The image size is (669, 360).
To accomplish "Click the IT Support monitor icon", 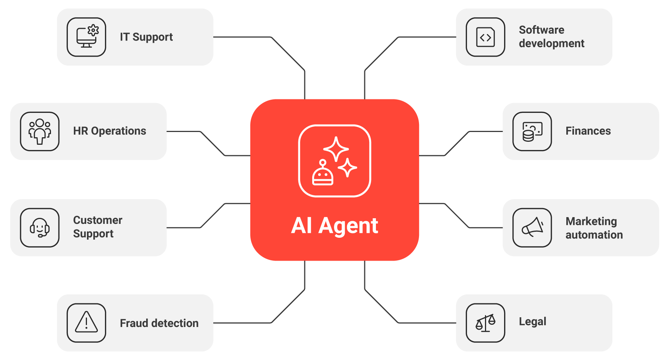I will pyautogui.click(x=87, y=37).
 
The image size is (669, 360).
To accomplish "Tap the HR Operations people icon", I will pyautogui.click(x=40, y=131).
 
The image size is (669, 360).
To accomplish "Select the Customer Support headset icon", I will pyautogui.click(x=40, y=228).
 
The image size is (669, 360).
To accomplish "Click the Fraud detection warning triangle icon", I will pyautogui.click(x=87, y=322).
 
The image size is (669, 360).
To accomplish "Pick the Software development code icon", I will pyautogui.click(x=485, y=37).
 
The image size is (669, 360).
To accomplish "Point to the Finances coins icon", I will pyautogui.click(x=532, y=131).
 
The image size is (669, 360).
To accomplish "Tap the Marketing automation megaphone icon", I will pyautogui.click(x=532, y=228).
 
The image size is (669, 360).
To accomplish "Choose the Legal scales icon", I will pyautogui.click(x=485, y=322).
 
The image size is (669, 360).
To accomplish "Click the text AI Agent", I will pyautogui.click(x=335, y=226).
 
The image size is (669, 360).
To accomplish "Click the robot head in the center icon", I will pyautogui.click(x=323, y=174).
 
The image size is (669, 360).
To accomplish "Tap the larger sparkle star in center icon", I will pyautogui.click(x=336, y=149).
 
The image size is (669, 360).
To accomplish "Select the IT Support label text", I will pyautogui.click(x=146, y=37).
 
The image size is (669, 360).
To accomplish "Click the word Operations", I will pyautogui.click(x=118, y=131).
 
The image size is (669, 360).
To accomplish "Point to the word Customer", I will pyautogui.click(x=98, y=220).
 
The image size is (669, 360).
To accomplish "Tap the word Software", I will pyautogui.click(x=542, y=30).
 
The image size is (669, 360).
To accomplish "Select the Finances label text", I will pyautogui.click(x=588, y=131).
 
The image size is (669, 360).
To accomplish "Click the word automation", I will pyautogui.click(x=594, y=235).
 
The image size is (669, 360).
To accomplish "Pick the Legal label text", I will pyautogui.click(x=533, y=322).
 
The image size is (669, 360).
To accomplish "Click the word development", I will pyautogui.click(x=552, y=43).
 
